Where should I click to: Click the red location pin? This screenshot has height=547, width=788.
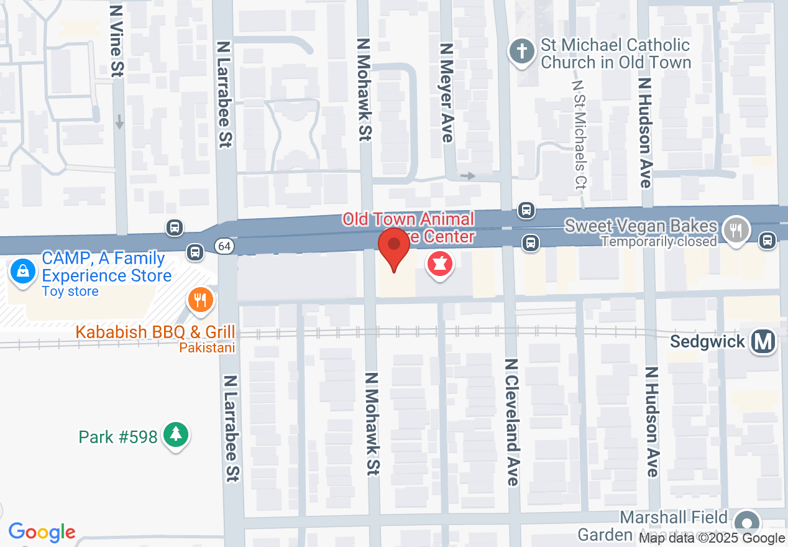[x=394, y=247]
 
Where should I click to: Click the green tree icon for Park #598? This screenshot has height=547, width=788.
[x=176, y=434]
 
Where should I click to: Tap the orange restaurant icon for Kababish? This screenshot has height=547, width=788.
[x=200, y=301]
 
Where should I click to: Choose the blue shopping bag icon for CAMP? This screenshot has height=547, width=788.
[x=23, y=272]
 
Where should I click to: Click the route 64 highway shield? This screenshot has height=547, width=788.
[x=225, y=247]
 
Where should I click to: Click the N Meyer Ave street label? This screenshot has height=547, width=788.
[x=446, y=93]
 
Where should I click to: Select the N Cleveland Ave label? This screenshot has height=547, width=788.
[x=512, y=422]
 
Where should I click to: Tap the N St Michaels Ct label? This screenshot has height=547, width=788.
[x=579, y=134]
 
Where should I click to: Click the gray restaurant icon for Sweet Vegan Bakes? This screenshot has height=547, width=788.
[x=736, y=229]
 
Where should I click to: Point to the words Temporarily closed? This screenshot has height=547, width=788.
[x=659, y=241]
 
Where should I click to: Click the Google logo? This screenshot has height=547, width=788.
[x=42, y=532]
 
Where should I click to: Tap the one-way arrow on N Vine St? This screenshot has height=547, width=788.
[x=119, y=121]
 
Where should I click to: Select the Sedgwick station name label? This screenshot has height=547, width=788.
[x=707, y=342]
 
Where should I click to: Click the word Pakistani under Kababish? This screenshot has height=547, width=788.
[x=207, y=347]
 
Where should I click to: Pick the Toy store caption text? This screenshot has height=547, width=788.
[x=70, y=291]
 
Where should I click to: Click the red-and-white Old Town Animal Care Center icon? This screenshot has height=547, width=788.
[x=440, y=265]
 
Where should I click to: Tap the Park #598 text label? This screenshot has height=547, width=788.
[x=118, y=437]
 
